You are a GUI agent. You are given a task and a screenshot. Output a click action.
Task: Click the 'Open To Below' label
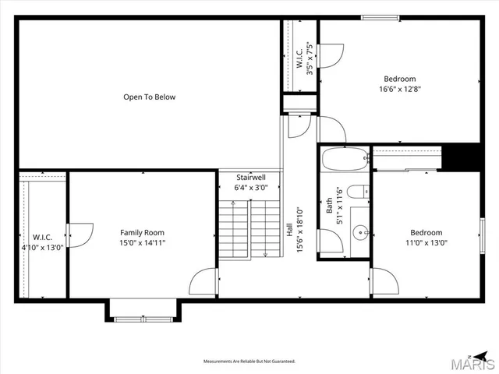(x=149, y=97)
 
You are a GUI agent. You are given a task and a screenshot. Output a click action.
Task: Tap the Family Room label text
(x=142, y=232)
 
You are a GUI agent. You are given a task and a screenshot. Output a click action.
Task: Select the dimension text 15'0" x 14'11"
(x=142, y=243)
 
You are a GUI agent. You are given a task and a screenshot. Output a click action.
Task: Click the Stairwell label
(x=251, y=178)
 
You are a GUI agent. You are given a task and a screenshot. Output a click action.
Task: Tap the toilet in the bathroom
(x=359, y=193)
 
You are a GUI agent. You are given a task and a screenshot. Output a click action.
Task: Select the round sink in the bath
(x=361, y=231)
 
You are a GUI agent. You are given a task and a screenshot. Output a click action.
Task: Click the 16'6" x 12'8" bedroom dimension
(x=399, y=89)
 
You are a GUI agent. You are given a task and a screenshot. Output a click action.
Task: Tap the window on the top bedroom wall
(x=379, y=17)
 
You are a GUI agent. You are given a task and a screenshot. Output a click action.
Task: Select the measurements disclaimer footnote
(x=249, y=362)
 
